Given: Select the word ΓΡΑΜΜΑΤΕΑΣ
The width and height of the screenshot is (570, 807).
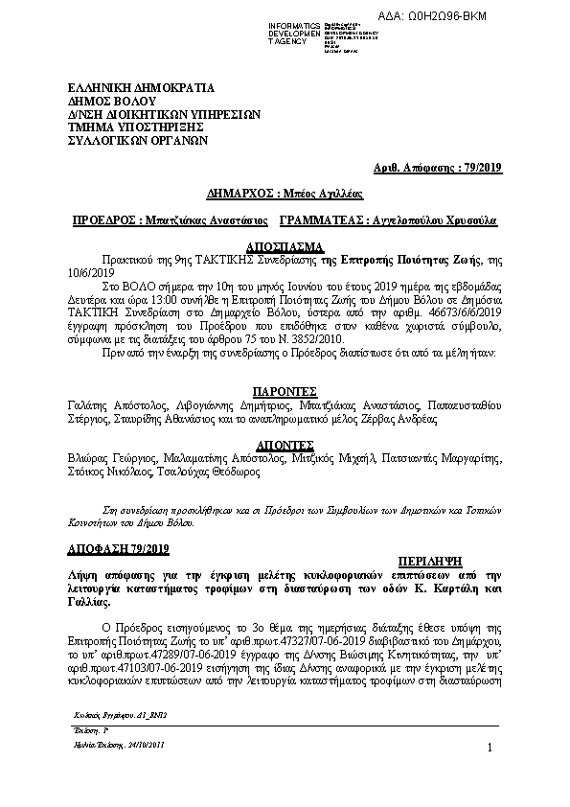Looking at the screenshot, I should [x=323, y=219].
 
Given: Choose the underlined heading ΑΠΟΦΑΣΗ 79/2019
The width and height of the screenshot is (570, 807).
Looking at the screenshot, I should [x=118, y=547].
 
